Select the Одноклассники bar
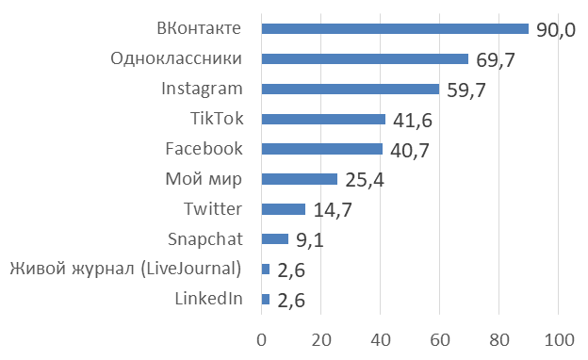pyautogui.click(x=365, y=58)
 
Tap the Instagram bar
pyautogui.click(x=350, y=89)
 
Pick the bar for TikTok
pyautogui.click(x=323, y=119)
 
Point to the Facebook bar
pyautogui.click(x=321, y=149)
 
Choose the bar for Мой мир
pyautogui.click(x=299, y=179)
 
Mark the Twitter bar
pyautogui.click(x=283, y=209)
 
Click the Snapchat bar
pyautogui.click(x=274, y=239)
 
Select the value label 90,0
pyautogui.click(x=555, y=30)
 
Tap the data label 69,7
pyautogui.click(x=495, y=60)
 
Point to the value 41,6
pyautogui.click(x=412, y=121)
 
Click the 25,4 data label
pyautogui.click(x=364, y=181)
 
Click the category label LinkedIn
pyautogui.click(x=209, y=299)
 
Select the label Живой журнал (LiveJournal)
pyautogui.click(x=125, y=269)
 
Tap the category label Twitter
pyautogui.click(x=214, y=208)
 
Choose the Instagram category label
pyautogui.click(x=202, y=89)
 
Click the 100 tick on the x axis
pyautogui.click(x=559, y=339)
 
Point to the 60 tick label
pyautogui.click(x=440, y=339)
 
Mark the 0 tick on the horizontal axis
pyautogui.click(x=262, y=339)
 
